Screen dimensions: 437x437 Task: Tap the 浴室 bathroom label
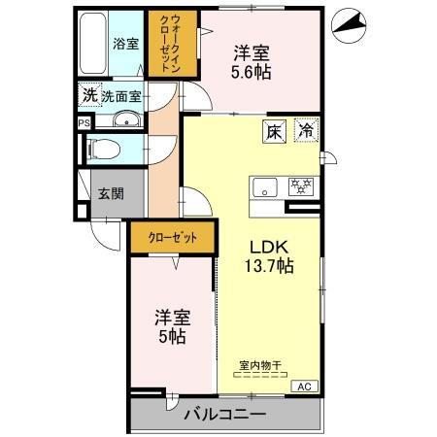tap(125, 44)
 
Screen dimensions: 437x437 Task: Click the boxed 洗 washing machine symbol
tap(89, 95)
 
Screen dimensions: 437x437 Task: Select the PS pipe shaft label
tap(84, 123)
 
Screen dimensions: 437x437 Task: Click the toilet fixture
tap(100, 150)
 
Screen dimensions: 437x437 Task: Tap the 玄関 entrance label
tap(110, 192)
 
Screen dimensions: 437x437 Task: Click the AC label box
tap(302, 386)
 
